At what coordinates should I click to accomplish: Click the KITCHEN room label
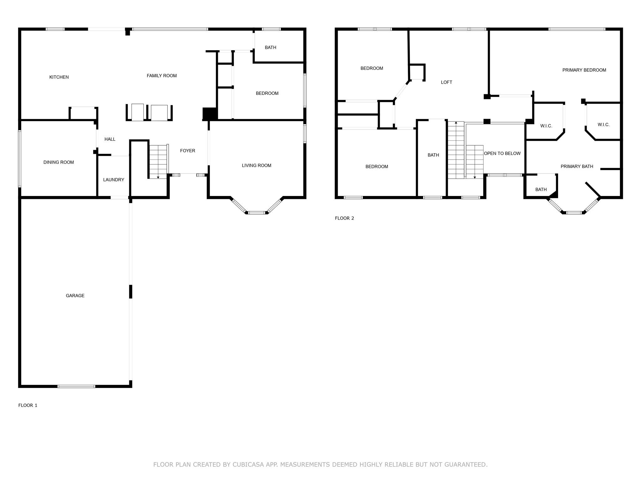(x=59, y=77)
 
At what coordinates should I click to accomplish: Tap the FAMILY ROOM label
(x=162, y=75)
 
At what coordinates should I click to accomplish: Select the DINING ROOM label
(x=59, y=162)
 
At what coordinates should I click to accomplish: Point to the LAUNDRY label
(x=114, y=180)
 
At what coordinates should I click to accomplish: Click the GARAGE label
(x=75, y=296)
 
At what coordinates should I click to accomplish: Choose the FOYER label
(x=187, y=151)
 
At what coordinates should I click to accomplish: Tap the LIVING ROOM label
(x=256, y=165)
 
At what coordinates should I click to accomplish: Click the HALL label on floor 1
(x=110, y=139)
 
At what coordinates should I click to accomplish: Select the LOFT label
(x=446, y=82)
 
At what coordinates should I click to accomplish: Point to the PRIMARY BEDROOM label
(x=584, y=70)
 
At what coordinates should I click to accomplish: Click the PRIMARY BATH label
(x=577, y=167)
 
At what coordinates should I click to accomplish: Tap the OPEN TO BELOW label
(x=502, y=153)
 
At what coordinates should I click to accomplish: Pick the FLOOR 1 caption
(x=28, y=405)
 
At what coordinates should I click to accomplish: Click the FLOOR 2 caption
(x=344, y=218)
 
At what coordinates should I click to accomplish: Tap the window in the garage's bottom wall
(x=76, y=386)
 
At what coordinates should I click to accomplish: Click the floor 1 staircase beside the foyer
(x=159, y=162)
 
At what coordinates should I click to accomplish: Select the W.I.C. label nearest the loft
(x=546, y=126)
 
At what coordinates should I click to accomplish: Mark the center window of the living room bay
(x=257, y=213)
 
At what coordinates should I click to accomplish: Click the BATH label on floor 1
(x=270, y=48)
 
